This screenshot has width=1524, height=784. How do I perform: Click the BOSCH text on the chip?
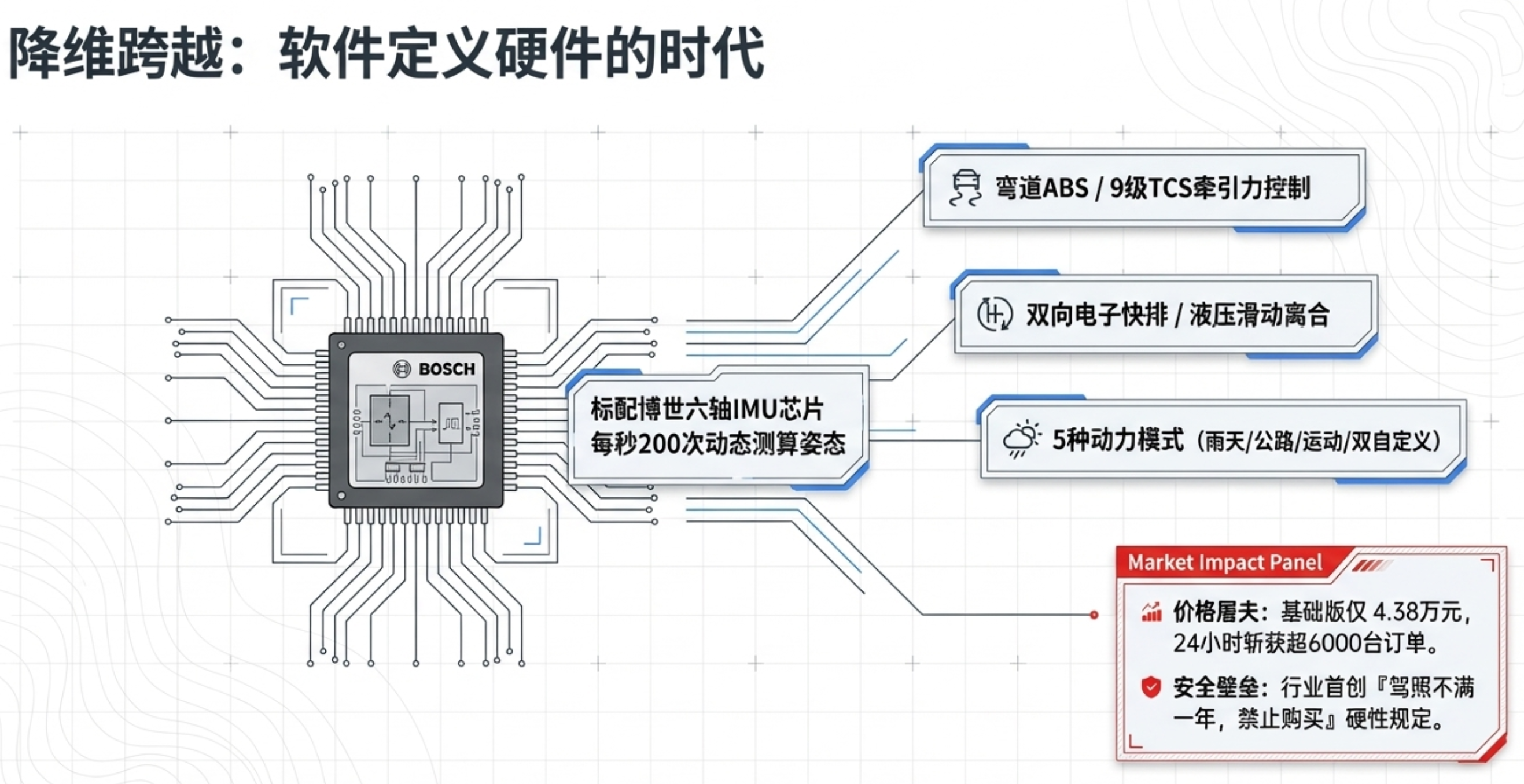(447, 369)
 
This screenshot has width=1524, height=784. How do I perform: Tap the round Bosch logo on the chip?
(402, 369)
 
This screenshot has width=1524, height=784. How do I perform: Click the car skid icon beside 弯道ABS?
(966, 188)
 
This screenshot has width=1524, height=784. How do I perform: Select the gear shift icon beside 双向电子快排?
(995, 314)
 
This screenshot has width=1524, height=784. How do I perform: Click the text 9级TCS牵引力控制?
(1210, 188)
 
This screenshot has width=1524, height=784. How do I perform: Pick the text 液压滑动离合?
(1260, 314)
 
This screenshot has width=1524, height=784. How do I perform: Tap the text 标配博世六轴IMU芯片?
(707, 409)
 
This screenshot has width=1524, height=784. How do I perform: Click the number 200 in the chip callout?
(659, 443)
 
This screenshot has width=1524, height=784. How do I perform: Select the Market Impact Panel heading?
(1225, 563)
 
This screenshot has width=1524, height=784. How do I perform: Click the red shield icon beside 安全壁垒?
(1151, 687)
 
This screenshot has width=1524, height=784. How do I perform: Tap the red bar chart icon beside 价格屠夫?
(1151, 612)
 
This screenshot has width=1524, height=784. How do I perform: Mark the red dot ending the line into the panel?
(1094, 615)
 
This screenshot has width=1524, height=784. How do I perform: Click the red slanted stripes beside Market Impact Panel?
(1370, 566)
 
